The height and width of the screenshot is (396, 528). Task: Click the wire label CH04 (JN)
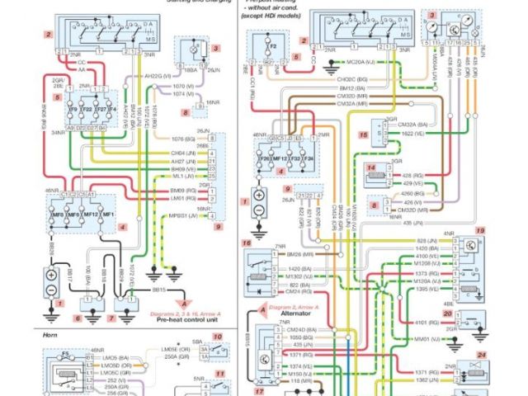tap(183, 153)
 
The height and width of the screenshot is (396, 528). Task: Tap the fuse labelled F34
tap(309, 156)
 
